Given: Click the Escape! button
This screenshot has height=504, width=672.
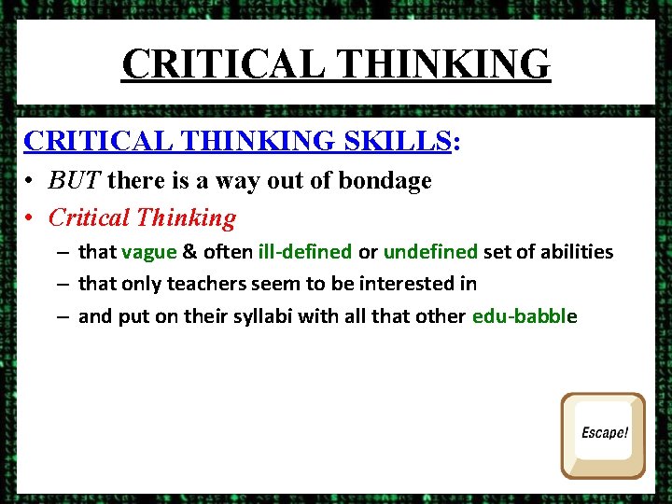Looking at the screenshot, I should [x=603, y=434].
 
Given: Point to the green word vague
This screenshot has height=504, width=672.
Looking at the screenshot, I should [x=148, y=252].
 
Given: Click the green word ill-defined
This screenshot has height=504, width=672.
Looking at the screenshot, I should [x=305, y=252].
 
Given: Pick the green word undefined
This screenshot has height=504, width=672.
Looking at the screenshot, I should [x=430, y=252].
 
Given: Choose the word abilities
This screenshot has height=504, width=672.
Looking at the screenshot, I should [x=572, y=252].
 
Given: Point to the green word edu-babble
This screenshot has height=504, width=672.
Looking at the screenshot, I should [x=525, y=316].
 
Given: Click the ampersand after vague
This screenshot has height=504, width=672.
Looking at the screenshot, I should [x=189, y=252].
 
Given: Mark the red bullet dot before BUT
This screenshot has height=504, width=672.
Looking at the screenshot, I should [x=31, y=181].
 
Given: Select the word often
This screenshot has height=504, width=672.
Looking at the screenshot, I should [x=226, y=252].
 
